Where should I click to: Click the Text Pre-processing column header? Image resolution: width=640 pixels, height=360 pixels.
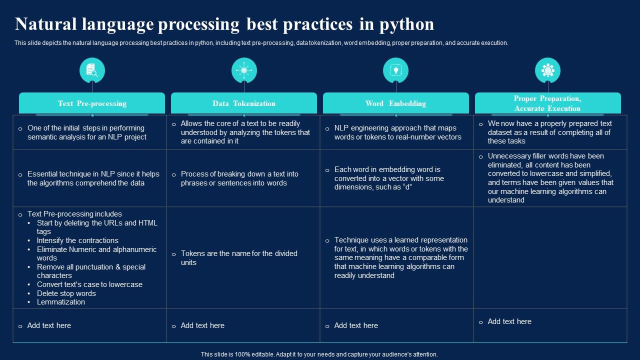point(92,103)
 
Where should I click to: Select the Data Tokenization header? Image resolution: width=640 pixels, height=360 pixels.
point(244,103)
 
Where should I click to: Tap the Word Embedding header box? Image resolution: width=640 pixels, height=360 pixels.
point(396,103)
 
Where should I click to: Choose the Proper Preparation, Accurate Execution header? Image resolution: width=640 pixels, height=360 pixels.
point(547,103)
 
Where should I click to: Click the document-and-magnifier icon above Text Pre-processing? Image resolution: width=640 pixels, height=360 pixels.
point(92,70)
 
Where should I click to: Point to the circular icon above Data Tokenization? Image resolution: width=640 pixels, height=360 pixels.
point(244,70)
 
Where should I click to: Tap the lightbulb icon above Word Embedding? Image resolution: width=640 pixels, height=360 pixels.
point(395,70)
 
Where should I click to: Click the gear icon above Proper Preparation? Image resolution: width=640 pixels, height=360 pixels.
point(547,70)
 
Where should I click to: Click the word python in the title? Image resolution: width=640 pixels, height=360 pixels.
point(407,25)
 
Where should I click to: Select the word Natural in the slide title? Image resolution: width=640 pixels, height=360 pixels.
point(45,24)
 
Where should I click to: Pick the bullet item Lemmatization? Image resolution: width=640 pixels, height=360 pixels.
point(61,302)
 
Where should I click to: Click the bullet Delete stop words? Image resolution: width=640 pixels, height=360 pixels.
point(66,293)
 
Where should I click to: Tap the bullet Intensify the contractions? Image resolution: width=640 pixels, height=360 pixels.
point(77,240)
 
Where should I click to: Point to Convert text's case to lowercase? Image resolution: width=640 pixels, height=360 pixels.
point(89,284)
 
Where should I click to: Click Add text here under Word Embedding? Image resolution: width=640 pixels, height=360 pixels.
point(356,325)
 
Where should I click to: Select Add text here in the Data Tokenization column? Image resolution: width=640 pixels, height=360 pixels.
point(202,325)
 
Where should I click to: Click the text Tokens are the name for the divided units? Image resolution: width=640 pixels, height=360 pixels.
point(239,257)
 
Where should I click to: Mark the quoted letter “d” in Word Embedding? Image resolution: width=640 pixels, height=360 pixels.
point(406,187)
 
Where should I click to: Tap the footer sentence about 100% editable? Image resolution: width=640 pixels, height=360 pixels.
point(319,354)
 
